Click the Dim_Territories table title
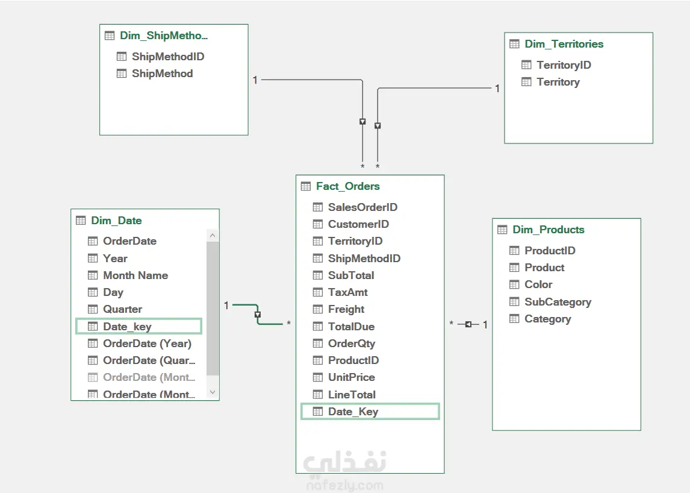[564, 44]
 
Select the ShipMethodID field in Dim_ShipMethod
[168, 57]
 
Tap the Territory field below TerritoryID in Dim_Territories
[558, 82]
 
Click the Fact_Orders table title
[347, 186]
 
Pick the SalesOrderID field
[362, 207]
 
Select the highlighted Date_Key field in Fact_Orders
[353, 412]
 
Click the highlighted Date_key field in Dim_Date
[127, 327]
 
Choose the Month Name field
[135, 275]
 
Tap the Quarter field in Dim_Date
[122, 309]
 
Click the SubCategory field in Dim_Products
[558, 302]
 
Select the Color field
[538, 284]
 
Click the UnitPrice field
[351, 377]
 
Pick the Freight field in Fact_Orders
[346, 309]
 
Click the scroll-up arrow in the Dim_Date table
[213, 236]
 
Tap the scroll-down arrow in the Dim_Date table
[213, 392]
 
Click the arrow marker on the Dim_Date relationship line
[258, 315]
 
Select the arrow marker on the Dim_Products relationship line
[468, 325]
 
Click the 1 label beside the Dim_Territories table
[497, 89]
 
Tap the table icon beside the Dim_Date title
[81, 221]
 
